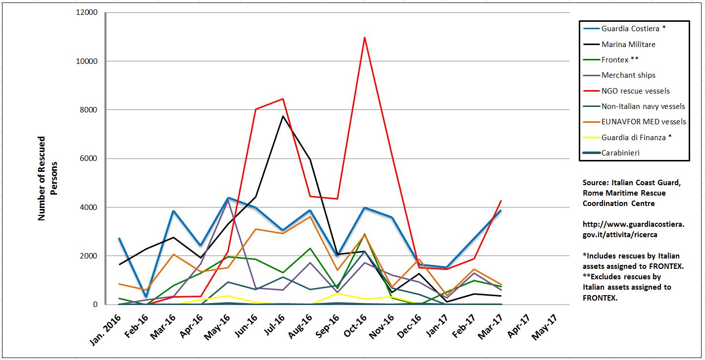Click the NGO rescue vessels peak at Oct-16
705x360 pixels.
click(364, 37)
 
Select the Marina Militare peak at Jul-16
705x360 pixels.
click(283, 116)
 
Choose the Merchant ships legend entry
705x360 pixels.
click(628, 75)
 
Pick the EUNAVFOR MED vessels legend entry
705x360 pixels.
click(644, 122)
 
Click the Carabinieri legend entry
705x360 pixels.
click(620, 153)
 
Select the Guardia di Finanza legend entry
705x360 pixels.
click(636, 137)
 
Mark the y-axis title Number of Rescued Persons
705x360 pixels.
click(48, 178)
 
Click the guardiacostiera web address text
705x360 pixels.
click(633, 229)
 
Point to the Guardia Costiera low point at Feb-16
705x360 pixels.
click(147, 297)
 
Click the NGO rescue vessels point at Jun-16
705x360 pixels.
click(255, 109)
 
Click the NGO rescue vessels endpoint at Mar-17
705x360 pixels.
click(501, 201)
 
